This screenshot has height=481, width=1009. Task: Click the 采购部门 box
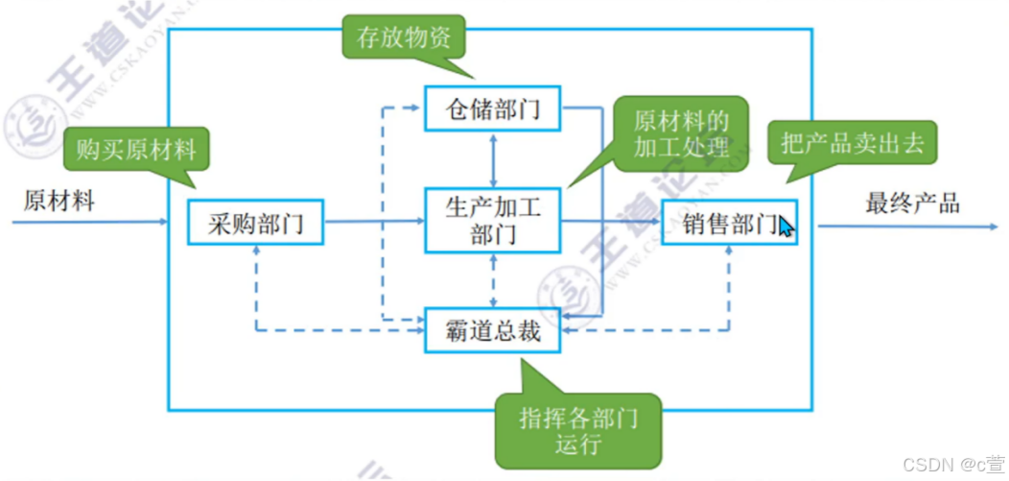click(x=255, y=224)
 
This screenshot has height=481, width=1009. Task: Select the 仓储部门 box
click(x=492, y=108)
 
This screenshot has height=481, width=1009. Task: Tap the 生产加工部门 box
click(x=493, y=220)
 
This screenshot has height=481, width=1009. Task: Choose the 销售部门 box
click(x=729, y=223)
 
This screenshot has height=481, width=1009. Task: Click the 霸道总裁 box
click(x=492, y=330)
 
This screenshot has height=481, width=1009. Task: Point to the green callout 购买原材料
click(x=135, y=151)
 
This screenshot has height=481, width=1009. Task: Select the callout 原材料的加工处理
click(x=680, y=134)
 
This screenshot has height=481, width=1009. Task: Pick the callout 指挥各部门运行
click(x=576, y=429)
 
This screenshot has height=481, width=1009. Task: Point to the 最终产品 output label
click(x=912, y=203)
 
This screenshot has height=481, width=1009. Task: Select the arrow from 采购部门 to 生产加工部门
click(x=374, y=222)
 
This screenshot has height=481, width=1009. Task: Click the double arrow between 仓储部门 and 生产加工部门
click(x=493, y=158)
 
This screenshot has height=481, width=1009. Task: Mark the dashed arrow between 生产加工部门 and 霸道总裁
click(x=493, y=280)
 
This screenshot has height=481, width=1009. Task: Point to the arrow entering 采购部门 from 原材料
click(x=96, y=223)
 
